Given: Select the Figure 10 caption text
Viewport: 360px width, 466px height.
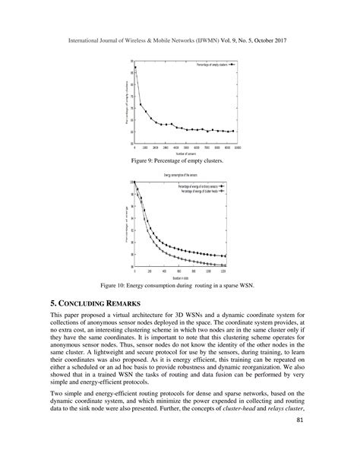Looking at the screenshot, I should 179,286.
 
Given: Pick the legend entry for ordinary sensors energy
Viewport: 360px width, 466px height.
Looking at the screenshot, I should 202,186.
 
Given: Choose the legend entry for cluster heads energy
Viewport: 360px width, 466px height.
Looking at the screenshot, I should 204,191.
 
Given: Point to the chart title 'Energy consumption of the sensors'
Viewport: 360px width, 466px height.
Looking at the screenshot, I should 180,176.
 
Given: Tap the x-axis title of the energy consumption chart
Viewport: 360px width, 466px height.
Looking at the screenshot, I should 180,277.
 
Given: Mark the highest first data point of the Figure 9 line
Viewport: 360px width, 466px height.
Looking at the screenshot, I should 135,68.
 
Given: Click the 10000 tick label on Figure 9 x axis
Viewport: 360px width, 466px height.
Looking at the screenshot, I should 237,147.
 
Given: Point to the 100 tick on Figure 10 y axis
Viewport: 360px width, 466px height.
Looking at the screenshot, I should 131,182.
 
